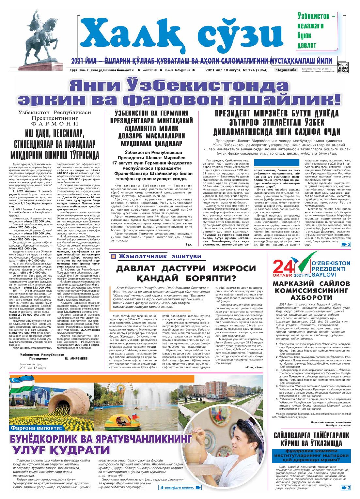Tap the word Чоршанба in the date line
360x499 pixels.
tap(286, 70)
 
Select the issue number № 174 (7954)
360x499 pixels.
tap(252, 70)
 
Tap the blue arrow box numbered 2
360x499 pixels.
tap(346, 245)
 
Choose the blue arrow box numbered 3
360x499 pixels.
tap(346, 488)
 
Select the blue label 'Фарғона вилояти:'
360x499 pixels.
tap(37, 428)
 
